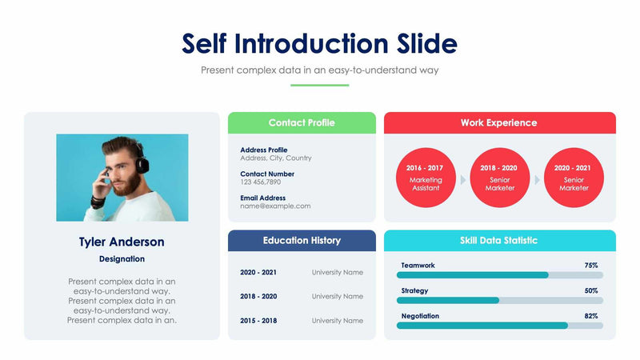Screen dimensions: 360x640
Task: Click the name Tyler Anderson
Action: (122, 242)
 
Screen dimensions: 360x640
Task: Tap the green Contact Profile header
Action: (302, 122)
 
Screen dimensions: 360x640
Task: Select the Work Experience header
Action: (499, 122)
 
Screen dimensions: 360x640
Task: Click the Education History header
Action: (302, 240)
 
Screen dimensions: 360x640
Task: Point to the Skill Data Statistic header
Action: (499, 240)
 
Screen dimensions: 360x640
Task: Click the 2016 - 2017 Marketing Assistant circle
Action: (426, 178)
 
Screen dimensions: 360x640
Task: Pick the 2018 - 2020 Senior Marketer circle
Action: (499, 178)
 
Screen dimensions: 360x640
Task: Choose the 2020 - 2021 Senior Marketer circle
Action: (574, 178)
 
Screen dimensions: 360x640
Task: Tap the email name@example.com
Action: (275, 206)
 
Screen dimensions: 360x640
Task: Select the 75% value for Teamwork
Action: (591, 265)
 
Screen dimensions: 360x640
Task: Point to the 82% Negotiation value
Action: (591, 316)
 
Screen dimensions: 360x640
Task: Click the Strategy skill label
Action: (414, 290)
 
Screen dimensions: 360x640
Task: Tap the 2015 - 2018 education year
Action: (258, 321)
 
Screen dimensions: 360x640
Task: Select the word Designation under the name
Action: (122, 259)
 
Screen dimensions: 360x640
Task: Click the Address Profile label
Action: (263, 150)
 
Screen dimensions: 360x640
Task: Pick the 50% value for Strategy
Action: (591, 290)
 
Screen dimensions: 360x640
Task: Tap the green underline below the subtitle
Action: (319, 85)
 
